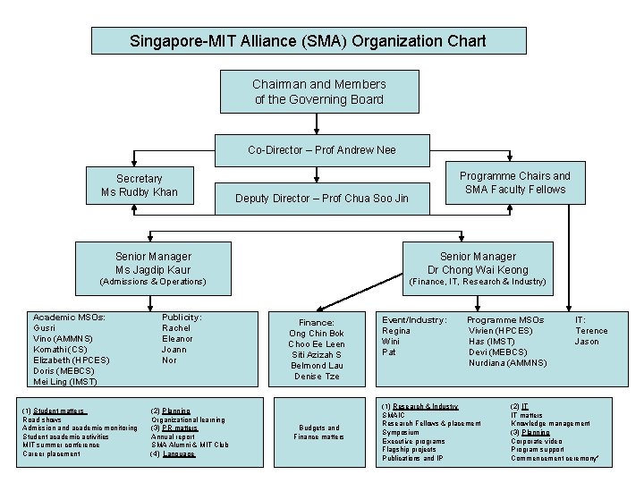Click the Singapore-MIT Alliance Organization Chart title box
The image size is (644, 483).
coord(308,41)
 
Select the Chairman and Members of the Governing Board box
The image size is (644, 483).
coord(319,92)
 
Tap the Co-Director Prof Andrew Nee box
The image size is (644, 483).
coord(321,149)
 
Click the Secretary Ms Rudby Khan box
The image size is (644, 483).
coord(140,185)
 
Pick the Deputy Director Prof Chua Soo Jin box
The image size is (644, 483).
coord(321,198)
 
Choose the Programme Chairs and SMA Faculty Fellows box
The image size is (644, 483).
coord(514,182)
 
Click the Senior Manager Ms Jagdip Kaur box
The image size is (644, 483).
coord(152,263)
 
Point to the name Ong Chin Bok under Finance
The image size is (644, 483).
coord(317,334)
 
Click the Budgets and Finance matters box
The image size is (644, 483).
coord(317,433)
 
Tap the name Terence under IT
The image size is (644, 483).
coord(590,330)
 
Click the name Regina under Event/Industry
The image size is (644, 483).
coord(396,330)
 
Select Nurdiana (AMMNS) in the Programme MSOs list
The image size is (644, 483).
coord(507,362)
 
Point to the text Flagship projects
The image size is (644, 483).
coord(411,449)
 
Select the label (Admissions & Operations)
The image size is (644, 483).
coord(152,282)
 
